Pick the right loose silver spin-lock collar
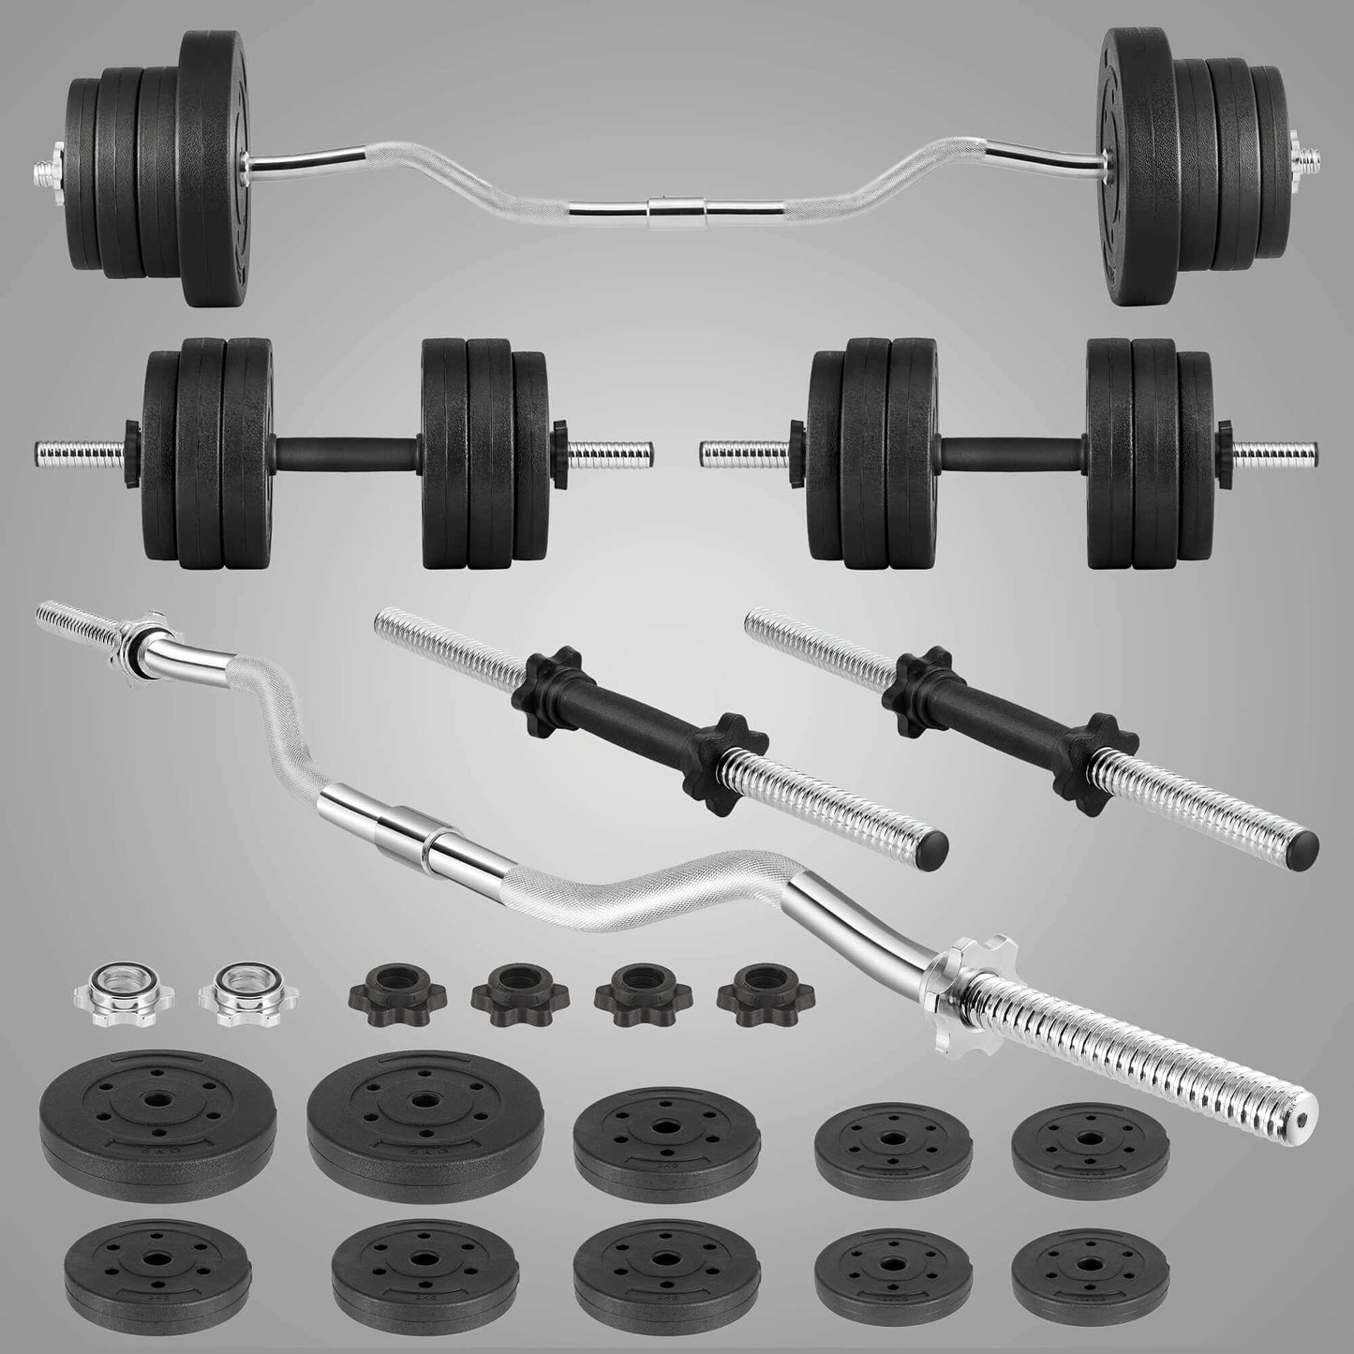[229, 995]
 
